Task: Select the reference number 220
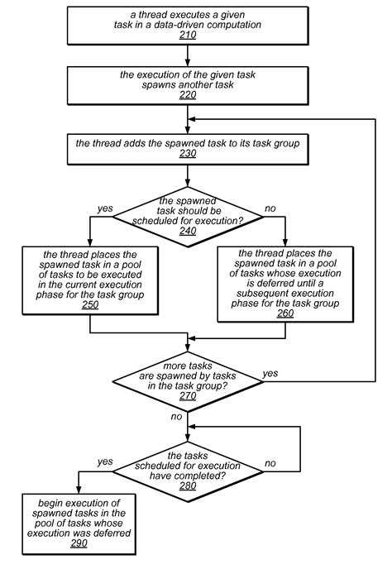point(189,96)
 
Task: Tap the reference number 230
point(189,155)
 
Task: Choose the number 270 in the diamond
point(189,395)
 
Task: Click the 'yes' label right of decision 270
point(270,373)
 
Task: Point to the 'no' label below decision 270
point(176,417)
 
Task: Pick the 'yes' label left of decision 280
point(105,461)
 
